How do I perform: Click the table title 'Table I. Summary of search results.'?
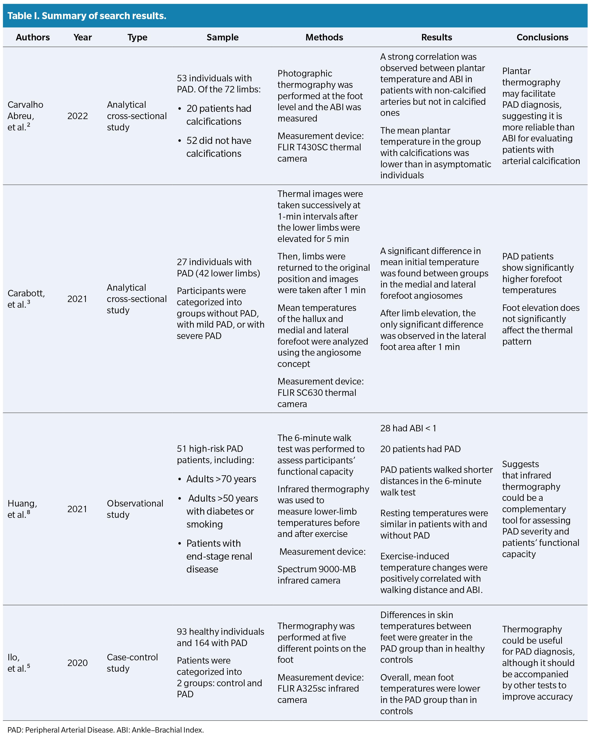[x=87, y=16]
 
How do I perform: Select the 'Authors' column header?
[x=33, y=37]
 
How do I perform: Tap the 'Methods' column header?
[x=324, y=37]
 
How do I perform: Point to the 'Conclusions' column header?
[x=542, y=37]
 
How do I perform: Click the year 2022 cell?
[x=78, y=116]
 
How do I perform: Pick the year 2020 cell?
[x=78, y=663]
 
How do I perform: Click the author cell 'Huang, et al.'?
[x=22, y=509]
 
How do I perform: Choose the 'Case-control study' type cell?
[x=132, y=663]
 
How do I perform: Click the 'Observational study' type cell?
[x=135, y=509]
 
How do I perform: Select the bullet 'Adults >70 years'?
[x=221, y=479]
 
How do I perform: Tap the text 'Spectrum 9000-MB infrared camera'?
[x=316, y=575]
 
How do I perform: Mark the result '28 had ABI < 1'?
[x=408, y=428]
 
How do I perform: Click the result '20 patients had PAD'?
[x=420, y=449]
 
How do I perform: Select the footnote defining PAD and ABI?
[x=105, y=730]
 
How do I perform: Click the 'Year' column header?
[x=83, y=37]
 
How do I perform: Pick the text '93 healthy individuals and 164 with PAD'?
[x=220, y=637]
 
